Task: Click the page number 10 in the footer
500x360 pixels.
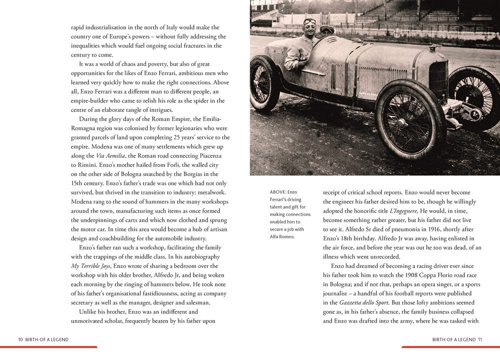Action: tap(20, 339)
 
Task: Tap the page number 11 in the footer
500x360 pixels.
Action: tap(479, 339)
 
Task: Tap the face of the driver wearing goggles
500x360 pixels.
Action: tap(309, 26)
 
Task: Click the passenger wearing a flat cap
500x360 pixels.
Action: tap(326, 31)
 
